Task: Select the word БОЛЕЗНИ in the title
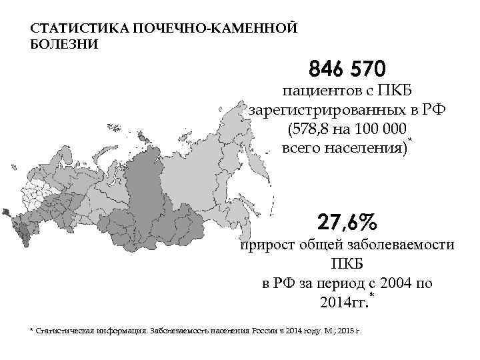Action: tap(64, 45)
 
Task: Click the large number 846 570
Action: tap(347, 69)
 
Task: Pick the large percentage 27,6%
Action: tap(347, 221)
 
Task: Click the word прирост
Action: tap(265, 245)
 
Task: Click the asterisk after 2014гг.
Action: tap(371, 295)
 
